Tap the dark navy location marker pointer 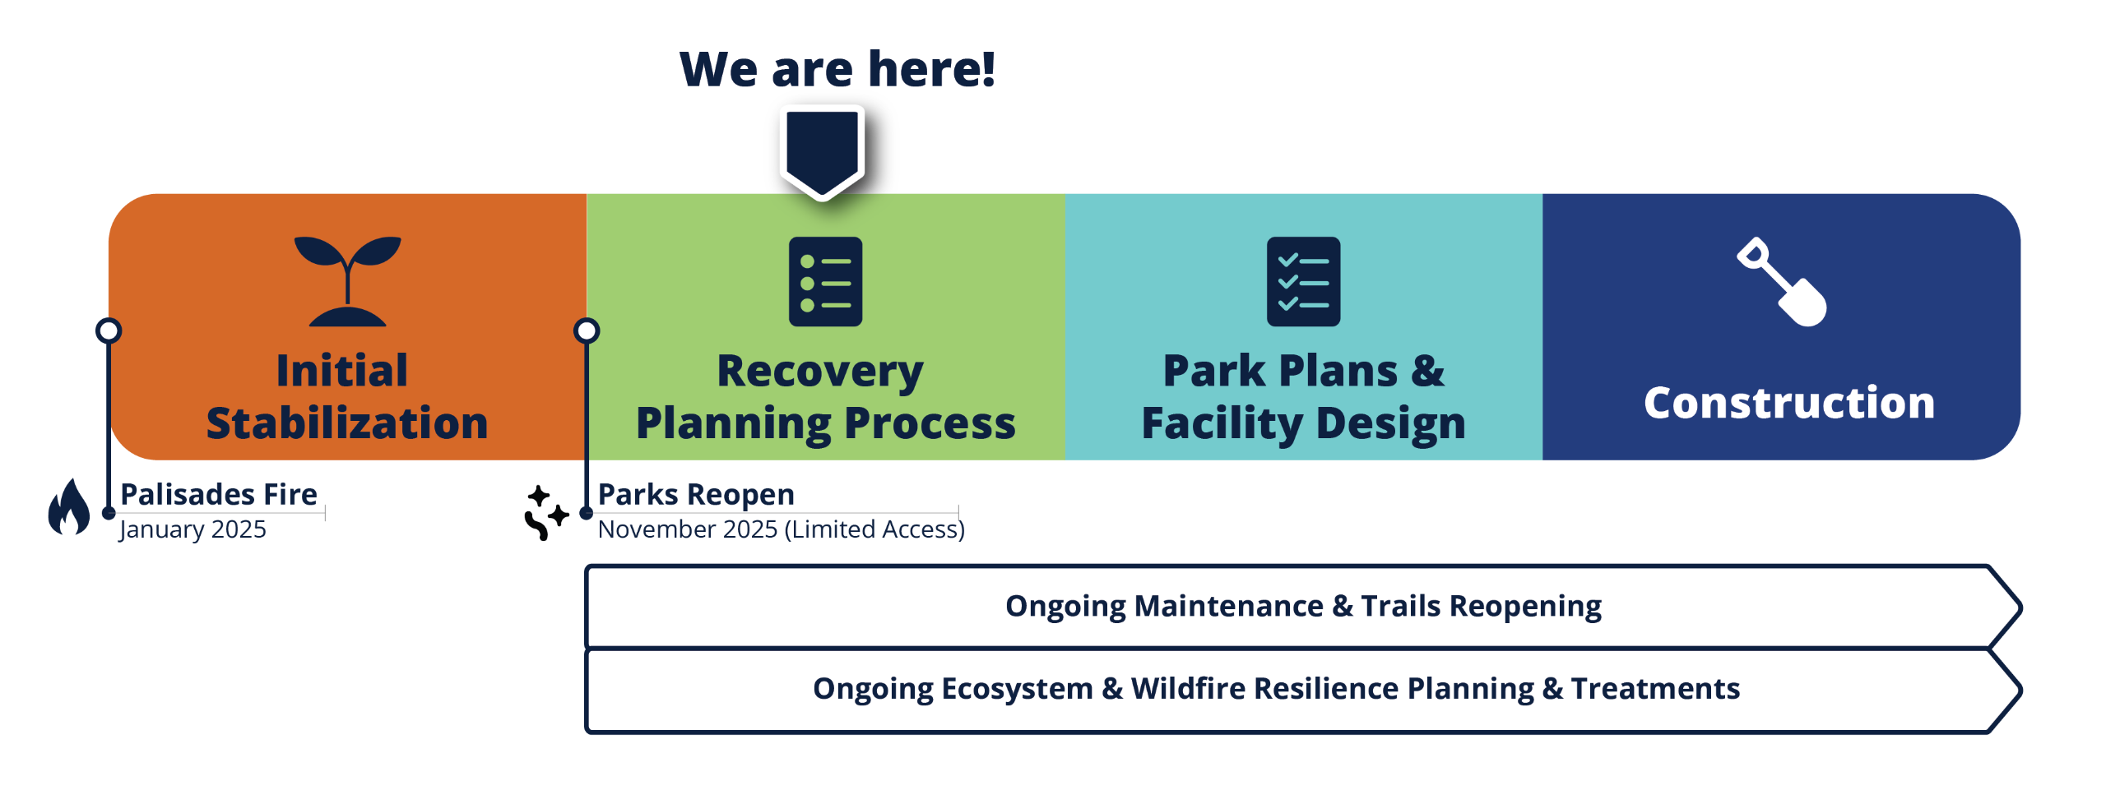click(822, 153)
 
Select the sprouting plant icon click(347, 281)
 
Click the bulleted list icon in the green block click(825, 281)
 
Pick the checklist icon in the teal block click(1303, 281)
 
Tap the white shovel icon click(1782, 282)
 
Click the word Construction click(1789, 403)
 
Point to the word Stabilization click(347, 423)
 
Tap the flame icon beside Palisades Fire click(69, 506)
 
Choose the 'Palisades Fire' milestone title click(219, 494)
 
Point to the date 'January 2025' click(193, 529)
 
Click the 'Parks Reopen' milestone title click(696, 495)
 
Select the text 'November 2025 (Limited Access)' click(782, 529)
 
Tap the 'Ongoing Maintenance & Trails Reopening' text click(1303, 607)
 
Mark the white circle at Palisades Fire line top click(109, 330)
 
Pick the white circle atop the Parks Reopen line click(587, 330)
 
